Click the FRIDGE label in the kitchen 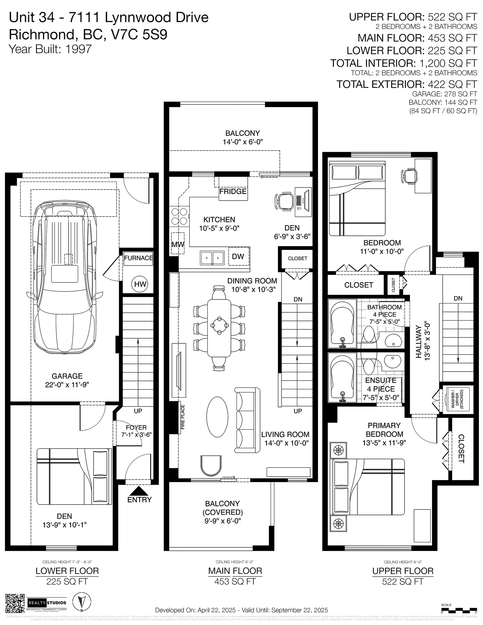(x=233, y=192)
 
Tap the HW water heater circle (x=140, y=284)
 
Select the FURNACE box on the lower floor (x=138, y=258)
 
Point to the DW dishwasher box (x=238, y=256)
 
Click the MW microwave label (x=178, y=244)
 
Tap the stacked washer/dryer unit (x=457, y=398)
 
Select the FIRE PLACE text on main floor (x=183, y=417)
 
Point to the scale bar (x=459, y=609)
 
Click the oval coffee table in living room (x=217, y=417)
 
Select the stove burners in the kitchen (x=179, y=216)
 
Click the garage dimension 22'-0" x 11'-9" (x=67, y=385)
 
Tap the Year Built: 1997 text (x=50, y=49)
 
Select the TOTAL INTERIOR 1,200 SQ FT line (x=404, y=63)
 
